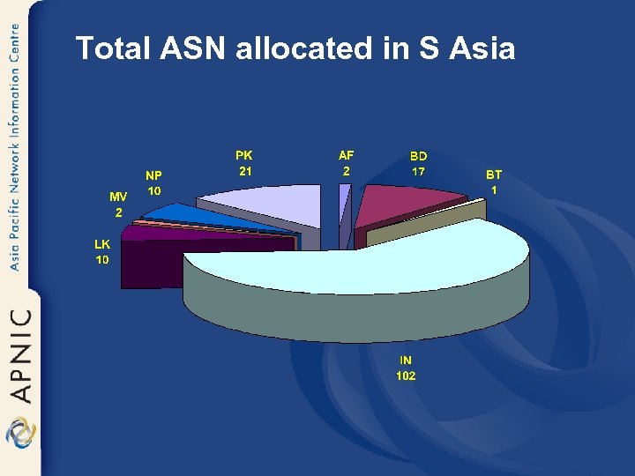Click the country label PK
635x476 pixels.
[x=243, y=155]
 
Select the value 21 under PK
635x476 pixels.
[x=244, y=171]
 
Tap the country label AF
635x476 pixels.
[x=346, y=155]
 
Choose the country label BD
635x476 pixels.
[x=418, y=156]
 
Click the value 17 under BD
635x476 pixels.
[x=418, y=172]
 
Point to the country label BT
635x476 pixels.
[x=494, y=175]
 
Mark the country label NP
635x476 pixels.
[x=153, y=175]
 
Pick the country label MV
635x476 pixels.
[x=117, y=196]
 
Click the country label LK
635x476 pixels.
[x=102, y=244]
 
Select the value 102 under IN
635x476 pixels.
[x=406, y=376]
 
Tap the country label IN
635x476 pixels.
[x=406, y=360]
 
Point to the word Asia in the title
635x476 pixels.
[x=482, y=48]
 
